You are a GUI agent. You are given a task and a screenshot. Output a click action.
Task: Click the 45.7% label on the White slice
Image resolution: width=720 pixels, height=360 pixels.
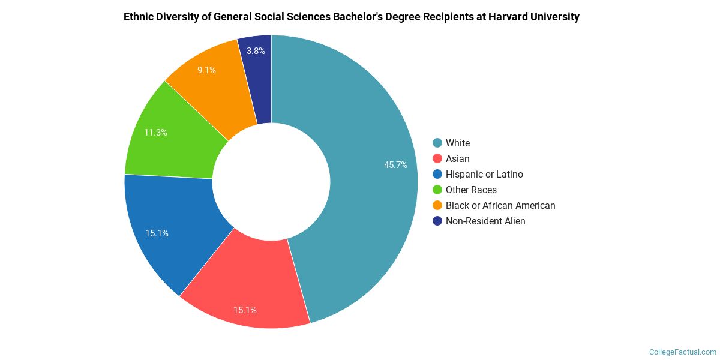[x=395, y=165]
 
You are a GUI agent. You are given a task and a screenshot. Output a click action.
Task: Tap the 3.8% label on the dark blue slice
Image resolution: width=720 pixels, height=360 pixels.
[x=256, y=51]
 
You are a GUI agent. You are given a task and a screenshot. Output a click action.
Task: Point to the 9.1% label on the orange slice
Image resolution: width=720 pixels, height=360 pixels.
[x=206, y=70]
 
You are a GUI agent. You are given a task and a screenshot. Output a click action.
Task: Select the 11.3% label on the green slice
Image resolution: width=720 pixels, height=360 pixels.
[x=155, y=133]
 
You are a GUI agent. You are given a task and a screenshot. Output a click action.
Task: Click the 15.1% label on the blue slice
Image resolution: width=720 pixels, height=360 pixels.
[x=157, y=233]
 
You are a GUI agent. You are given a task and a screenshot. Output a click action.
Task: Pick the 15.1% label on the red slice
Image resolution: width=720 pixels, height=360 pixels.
[x=245, y=310]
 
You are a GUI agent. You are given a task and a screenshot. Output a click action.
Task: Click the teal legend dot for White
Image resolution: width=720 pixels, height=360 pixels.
[x=437, y=143]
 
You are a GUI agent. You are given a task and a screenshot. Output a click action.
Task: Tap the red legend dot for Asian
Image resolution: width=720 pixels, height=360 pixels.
[x=437, y=158]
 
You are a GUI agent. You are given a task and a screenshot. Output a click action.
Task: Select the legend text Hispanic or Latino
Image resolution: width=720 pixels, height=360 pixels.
[x=484, y=174]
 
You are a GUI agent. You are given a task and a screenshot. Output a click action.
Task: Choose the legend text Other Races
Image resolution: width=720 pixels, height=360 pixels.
[x=471, y=190]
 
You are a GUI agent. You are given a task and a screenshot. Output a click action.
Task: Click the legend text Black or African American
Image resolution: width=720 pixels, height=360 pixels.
[x=500, y=205]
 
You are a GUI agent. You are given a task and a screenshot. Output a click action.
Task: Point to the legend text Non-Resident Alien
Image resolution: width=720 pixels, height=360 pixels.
[x=485, y=221]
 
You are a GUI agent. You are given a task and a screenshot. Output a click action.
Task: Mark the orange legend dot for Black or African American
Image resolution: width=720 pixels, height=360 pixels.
[x=437, y=205]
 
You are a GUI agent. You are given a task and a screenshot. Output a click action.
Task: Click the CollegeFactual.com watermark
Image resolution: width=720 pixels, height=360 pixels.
[x=682, y=352]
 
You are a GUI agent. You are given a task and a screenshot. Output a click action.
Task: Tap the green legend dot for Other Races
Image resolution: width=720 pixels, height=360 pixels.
[x=437, y=190]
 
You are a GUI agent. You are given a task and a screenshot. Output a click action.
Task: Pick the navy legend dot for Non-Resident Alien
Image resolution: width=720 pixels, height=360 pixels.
[x=437, y=221]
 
